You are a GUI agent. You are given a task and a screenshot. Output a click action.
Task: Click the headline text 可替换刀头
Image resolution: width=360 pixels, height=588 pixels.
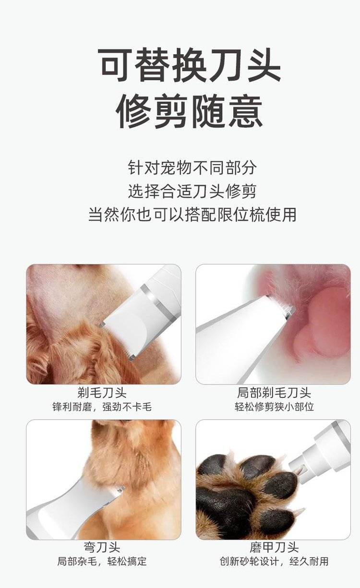[190, 64]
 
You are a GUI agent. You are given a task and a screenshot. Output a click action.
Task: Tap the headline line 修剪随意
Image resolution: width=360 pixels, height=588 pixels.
[190, 111]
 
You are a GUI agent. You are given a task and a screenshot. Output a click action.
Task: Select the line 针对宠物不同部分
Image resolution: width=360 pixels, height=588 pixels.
[192, 167]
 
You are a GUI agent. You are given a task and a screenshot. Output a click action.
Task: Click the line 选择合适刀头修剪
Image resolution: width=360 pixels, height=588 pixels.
[192, 191]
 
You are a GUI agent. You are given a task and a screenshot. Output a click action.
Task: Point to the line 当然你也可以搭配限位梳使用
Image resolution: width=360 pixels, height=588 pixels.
[192, 215]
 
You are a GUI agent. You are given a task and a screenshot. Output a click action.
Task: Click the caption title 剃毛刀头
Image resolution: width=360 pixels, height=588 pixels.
[102, 393]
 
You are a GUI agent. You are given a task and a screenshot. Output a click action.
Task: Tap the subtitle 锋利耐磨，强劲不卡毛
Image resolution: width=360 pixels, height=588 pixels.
[102, 407]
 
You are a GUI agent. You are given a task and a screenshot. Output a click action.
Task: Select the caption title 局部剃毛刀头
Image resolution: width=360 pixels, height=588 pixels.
[274, 393]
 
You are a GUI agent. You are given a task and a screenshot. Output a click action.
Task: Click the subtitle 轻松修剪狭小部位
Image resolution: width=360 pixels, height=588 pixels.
[274, 407]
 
